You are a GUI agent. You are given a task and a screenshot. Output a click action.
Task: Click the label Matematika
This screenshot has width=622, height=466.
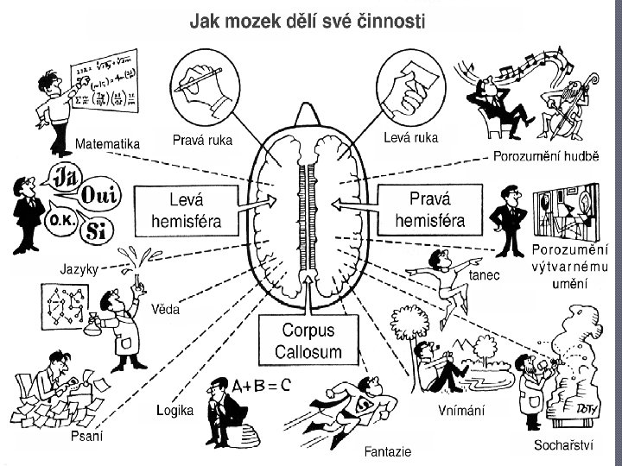pyautogui.click(x=108, y=145)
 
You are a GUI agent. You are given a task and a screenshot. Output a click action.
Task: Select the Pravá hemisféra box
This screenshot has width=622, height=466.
pyautogui.click(x=429, y=210)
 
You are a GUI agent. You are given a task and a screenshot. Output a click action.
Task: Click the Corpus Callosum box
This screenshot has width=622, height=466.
pyautogui.click(x=308, y=341)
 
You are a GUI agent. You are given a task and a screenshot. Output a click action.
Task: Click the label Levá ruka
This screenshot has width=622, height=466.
pyautogui.click(x=410, y=137)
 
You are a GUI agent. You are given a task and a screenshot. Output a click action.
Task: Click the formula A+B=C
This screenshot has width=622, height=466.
pyautogui.click(x=260, y=385)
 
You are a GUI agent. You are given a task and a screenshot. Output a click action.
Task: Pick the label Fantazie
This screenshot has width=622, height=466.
pyautogui.click(x=387, y=451)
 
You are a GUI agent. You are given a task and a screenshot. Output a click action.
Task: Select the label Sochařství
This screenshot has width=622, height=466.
pyautogui.click(x=563, y=446)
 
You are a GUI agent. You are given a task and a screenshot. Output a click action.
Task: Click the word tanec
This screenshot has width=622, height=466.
pyautogui.click(x=484, y=275)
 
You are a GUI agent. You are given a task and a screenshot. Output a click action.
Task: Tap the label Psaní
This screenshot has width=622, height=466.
pyautogui.click(x=86, y=437)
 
